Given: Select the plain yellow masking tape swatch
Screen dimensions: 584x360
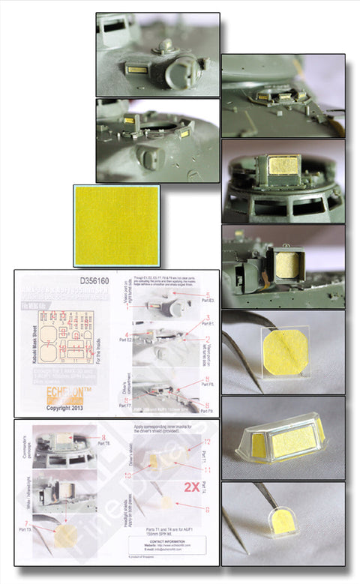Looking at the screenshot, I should [117, 226].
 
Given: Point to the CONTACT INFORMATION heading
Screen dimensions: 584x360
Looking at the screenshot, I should [167, 540].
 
